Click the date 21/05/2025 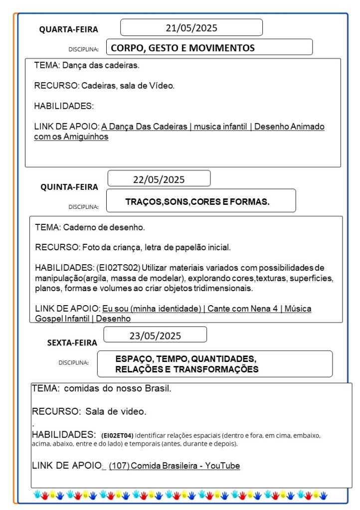click(191, 28)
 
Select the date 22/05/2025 click(159, 179)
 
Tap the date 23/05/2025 click(155, 336)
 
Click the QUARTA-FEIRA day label click(69, 29)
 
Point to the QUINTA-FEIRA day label click(69, 187)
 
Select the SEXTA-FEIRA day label click(72, 342)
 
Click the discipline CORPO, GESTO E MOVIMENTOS click(182, 48)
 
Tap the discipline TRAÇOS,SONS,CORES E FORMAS click(197, 201)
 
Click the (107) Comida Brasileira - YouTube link click(174, 466)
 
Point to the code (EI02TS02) click(119, 268)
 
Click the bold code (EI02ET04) click(117, 435)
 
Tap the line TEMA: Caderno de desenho click(90, 227)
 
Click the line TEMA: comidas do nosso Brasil click(101, 388)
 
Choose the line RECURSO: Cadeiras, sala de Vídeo click(104, 86)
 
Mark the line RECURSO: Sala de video click(89, 412)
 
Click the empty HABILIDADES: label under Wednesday click(64, 106)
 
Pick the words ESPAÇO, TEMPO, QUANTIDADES click(186, 359)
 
